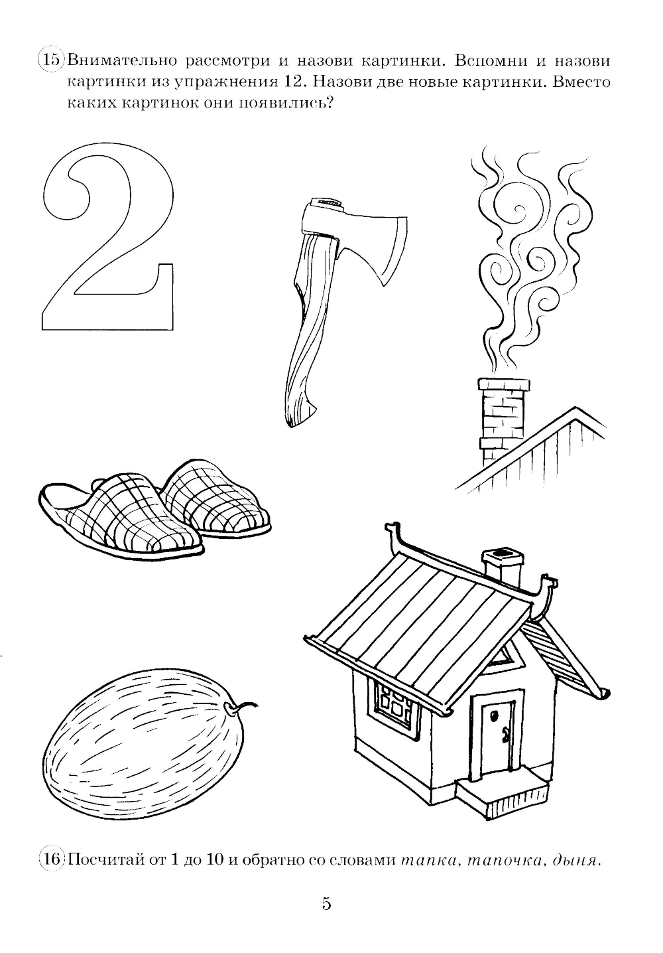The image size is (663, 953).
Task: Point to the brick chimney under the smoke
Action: (x=503, y=421)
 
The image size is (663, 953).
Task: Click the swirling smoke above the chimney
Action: (x=531, y=263)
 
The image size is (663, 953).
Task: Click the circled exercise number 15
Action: (x=51, y=60)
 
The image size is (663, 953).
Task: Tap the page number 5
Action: (x=326, y=913)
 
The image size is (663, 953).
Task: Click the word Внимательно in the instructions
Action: (x=122, y=60)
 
